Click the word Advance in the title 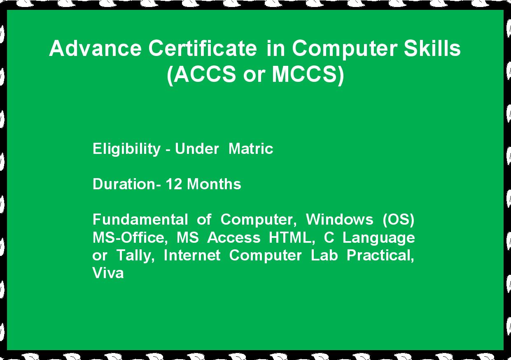click(96, 48)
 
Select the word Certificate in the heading click(203, 48)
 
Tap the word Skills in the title click(432, 48)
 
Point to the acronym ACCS click(204, 74)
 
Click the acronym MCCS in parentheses click(304, 74)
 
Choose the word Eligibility click(126, 149)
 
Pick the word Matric click(251, 149)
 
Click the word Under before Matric click(197, 149)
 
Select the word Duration click(124, 184)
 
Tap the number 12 click(174, 184)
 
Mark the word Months click(214, 184)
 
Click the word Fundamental click(140, 219)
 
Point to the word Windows click(339, 219)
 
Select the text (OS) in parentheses click(399, 220)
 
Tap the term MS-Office click(130, 237)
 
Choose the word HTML click(292, 237)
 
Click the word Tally click(135, 255)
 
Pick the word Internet click(192, 255)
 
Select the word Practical click(380, 255)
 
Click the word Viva click(108, 273)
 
